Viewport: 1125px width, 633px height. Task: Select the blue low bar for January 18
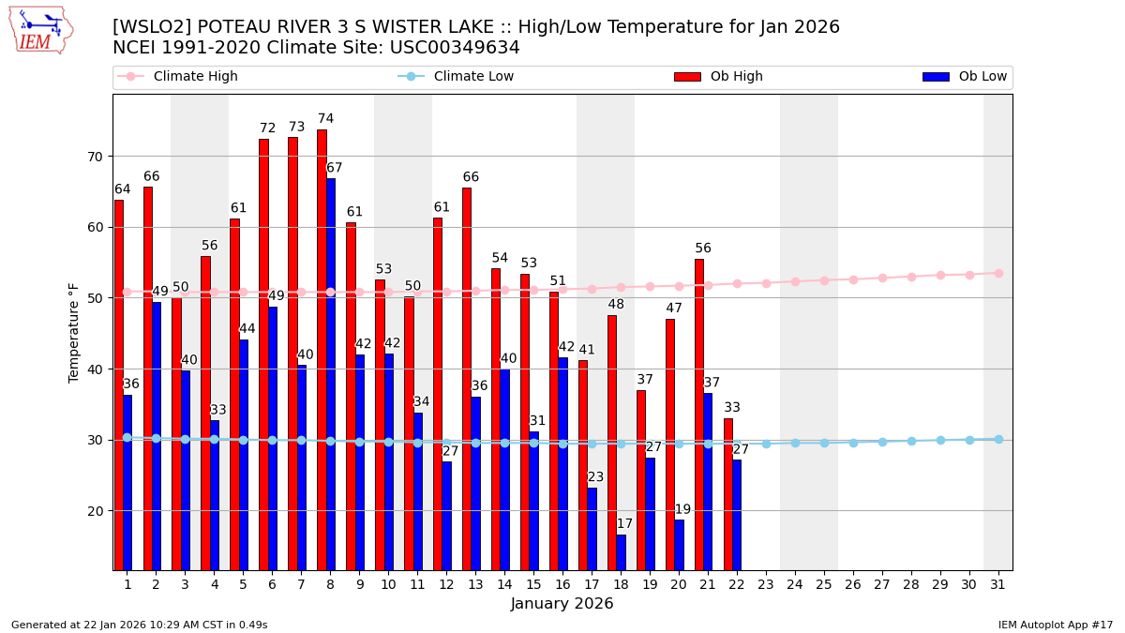coord(621,552)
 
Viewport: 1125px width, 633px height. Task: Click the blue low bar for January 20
coord(679,545)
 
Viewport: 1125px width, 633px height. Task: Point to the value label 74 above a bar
coord(325,119)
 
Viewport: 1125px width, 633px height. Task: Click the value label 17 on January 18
coord(624,524)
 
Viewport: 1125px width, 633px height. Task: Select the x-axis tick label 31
coord(997,584)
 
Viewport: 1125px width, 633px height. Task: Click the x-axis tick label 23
coord(766,584)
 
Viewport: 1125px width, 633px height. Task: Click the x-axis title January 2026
coord(562,604)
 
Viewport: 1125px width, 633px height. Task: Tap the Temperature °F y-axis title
coord(75,332)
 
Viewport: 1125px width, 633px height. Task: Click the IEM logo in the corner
coord(40,30)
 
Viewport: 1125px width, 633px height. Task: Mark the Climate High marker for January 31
coord(998,274)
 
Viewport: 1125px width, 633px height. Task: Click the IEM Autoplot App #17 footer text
coord(1056,625)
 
